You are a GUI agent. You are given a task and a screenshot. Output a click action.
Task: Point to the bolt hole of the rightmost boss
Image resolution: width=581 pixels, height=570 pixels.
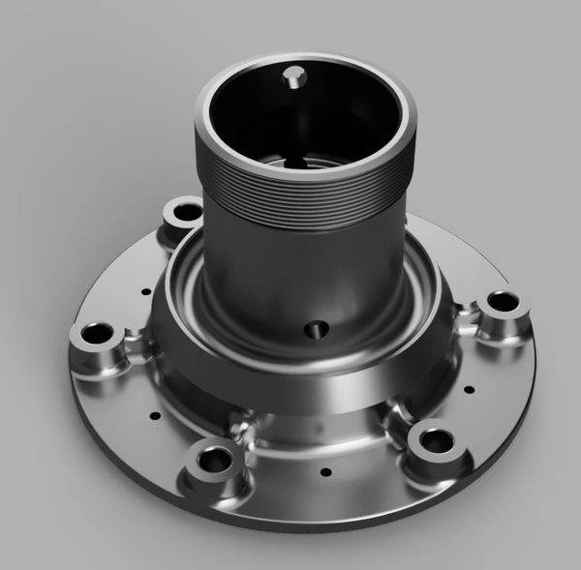504,302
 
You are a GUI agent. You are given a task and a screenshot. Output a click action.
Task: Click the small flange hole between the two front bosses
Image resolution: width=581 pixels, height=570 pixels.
324,472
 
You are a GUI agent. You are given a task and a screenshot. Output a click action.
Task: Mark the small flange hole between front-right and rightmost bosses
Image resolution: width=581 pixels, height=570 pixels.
469,390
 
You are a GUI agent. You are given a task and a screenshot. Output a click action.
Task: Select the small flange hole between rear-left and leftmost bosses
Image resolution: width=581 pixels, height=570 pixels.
145,290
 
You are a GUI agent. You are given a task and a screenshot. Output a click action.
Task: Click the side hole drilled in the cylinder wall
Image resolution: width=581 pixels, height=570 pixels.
311,331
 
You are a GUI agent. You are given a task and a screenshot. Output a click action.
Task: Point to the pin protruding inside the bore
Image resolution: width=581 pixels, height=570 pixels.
292,77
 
